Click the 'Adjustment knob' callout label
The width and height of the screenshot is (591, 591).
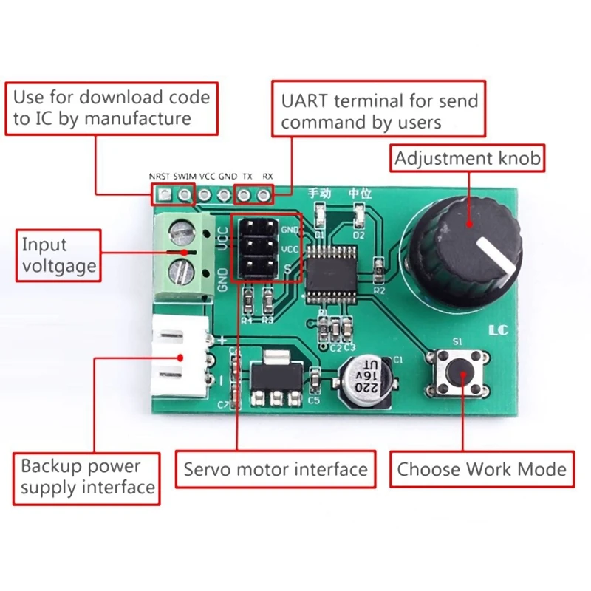[467, 158]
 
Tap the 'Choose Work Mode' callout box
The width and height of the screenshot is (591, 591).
[482, 469]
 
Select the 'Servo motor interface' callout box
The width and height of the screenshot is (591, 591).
[275, 469]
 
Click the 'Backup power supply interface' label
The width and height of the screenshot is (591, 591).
[87, 477]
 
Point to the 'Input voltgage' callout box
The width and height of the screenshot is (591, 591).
[58, 255]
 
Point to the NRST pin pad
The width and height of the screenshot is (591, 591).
[163, 195]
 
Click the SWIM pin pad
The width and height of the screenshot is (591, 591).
[184, 195]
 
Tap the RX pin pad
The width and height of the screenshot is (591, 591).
[263, 195]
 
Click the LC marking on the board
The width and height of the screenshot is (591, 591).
[499, 330]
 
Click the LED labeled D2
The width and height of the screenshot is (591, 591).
[360, 217]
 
